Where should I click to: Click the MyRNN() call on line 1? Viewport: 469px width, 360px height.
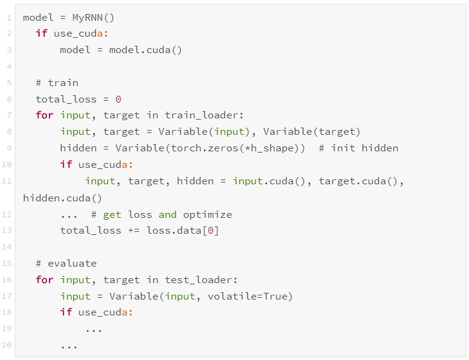93,17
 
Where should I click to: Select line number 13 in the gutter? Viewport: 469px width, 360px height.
7,231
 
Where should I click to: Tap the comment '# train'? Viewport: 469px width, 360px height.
57,83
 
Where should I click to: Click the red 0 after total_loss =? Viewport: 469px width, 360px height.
118,99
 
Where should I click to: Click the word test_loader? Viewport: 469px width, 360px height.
201,280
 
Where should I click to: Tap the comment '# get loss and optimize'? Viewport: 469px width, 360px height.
161,214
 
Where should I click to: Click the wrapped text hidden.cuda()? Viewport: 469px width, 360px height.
62,198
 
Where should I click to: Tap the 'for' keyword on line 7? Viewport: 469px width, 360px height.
45,115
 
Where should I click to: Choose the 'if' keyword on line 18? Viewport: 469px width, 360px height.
66,313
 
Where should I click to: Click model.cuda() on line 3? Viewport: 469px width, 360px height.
145,50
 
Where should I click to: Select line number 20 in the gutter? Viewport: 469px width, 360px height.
7,346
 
